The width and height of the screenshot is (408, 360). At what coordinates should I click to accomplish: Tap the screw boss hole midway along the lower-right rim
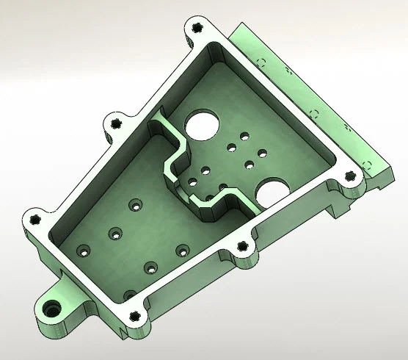pos(241,248)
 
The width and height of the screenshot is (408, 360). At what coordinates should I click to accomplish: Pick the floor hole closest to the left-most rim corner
pos(83,251)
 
